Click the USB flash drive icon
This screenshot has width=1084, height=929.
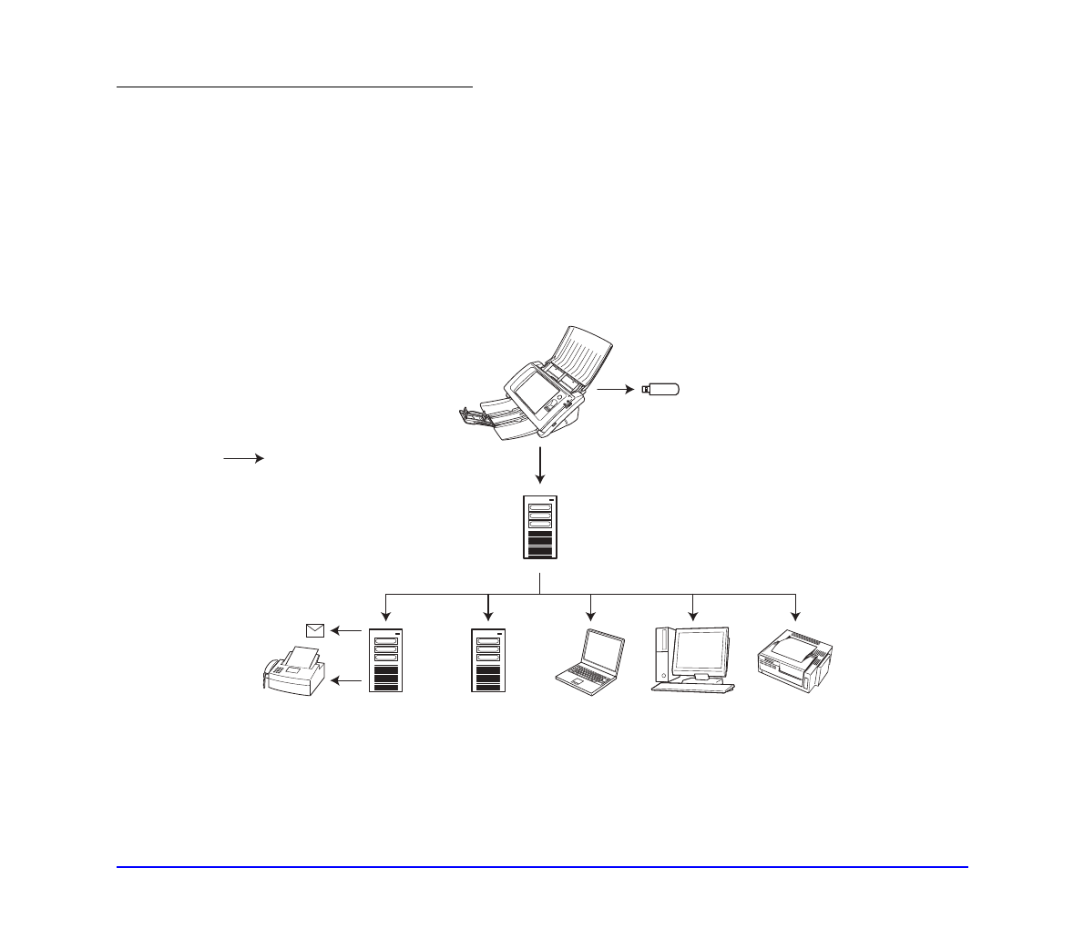[x=661, y=390]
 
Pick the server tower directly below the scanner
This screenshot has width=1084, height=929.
[x=540, y=527]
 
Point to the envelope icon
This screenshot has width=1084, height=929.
[x=315, y=629]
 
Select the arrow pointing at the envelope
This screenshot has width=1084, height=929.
[x=345, y=629]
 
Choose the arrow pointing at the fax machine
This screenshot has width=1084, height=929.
[x=345, y=680]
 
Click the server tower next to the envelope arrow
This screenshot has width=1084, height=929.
[x=386, y=659]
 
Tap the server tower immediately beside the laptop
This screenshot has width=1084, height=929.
[x=488, y=659]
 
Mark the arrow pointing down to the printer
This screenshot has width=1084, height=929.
[x=796, y=605]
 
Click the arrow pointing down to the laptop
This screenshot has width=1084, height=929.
[x=591, y=605]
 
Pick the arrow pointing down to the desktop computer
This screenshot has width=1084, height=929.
[x=693, y=605]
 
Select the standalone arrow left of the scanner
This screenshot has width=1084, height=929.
[x=243, y=459]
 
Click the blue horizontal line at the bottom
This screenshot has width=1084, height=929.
[x=542, y=867]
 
